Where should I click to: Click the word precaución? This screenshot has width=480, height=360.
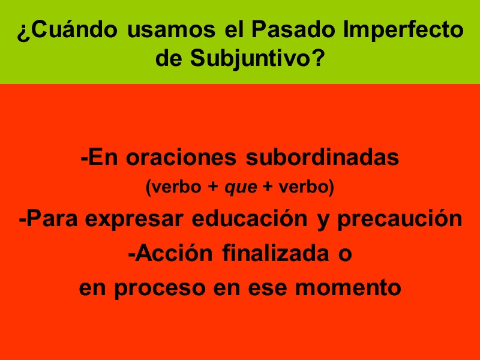[x=400, y=219]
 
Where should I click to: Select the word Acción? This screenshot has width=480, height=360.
[x=173, y=253]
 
